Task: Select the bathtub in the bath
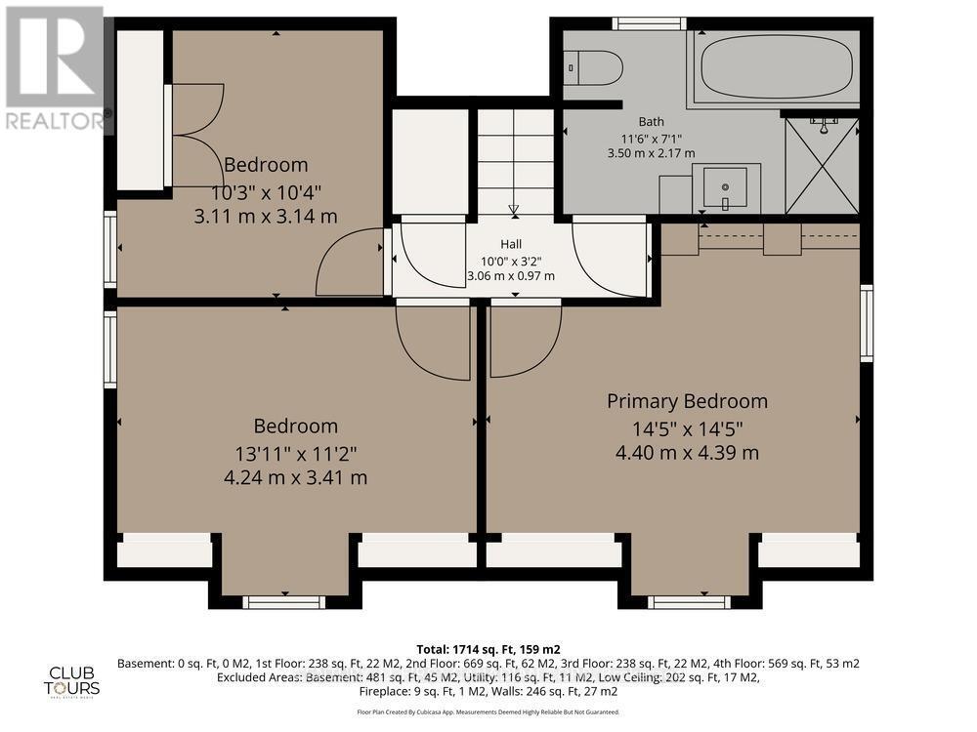pos(774,66)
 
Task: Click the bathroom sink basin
pos(725,184)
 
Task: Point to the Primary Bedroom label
pos(687,401)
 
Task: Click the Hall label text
pos(511,243)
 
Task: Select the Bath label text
pos(651,121)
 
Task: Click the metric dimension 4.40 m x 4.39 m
pos(687,453)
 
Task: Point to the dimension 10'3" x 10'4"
pos(266,191)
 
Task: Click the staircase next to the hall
pos(515,160)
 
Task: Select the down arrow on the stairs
pos(514,208)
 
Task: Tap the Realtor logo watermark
pos(56,68)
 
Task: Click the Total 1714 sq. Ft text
pos(488,648)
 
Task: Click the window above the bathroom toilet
pos(649,23)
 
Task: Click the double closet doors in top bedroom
pos(195,134)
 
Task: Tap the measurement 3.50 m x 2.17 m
pos(651,153)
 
